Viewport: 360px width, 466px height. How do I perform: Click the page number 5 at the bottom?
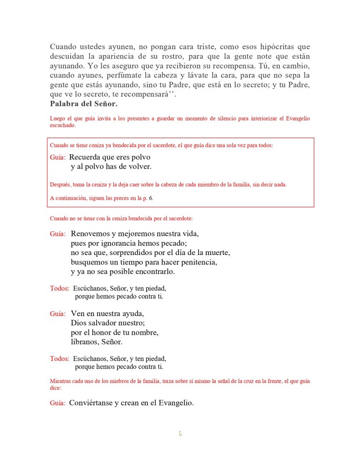click(x=180, y=434)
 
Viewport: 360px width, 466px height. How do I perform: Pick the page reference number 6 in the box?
click(x=150, y=198)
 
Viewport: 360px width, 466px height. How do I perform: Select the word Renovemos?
click(x=90, y=233)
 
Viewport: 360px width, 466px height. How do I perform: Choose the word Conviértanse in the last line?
click(x=90, y=403)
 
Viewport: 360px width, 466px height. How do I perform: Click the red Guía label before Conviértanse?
click(x=58, y=403)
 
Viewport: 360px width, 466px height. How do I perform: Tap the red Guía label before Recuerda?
click(x=58, y=158)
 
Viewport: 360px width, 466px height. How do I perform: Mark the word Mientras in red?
click(x=60, y=382)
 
